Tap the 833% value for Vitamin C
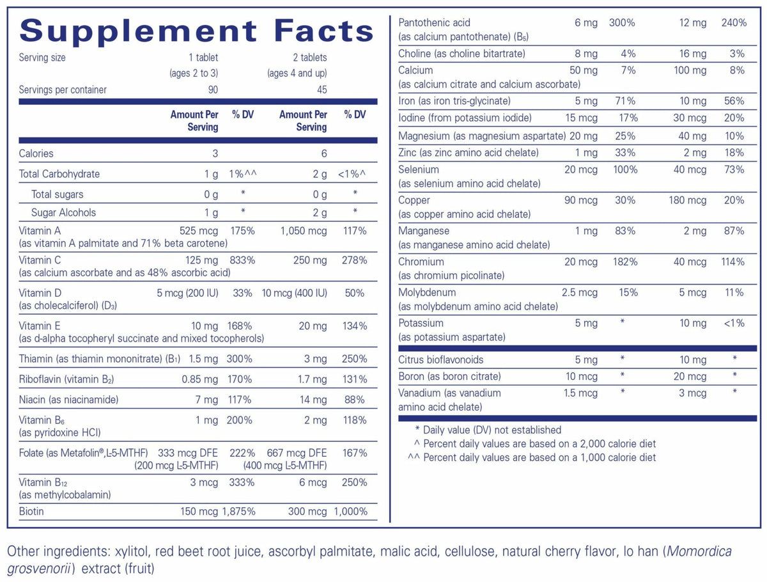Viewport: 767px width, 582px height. pyautogui.click(x=241, y=260)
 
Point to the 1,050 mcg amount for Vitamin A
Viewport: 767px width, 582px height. pyautogui.click(x=304, y=231)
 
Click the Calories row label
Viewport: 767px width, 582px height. pyautogui.click(x=36, y=153)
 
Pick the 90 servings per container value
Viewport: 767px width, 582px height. pyautogui.click(x=213, y=90)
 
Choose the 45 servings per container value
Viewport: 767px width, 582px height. pyautogui.click(x=322, y=90)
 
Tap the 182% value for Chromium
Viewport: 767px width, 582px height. pyautogui.click(x=624, y=262)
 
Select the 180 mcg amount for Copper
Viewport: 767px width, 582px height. pyautogui.click(x=687, y=200)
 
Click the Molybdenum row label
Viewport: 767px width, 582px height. pyautogui.click(x=427, y=292)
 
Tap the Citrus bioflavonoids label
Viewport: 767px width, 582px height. pyautogui.click(x=441, y=359)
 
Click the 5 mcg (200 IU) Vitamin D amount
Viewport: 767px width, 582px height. pyautogui.click(x=187, y=293)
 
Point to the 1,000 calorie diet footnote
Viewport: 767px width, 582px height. pyautogui.click(x=539, y=457)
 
